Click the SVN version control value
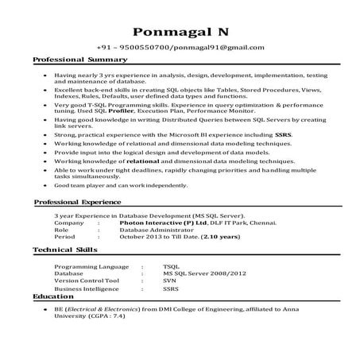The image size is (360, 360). [x=169, y=280]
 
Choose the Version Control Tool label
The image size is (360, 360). [x=87, y=280]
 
